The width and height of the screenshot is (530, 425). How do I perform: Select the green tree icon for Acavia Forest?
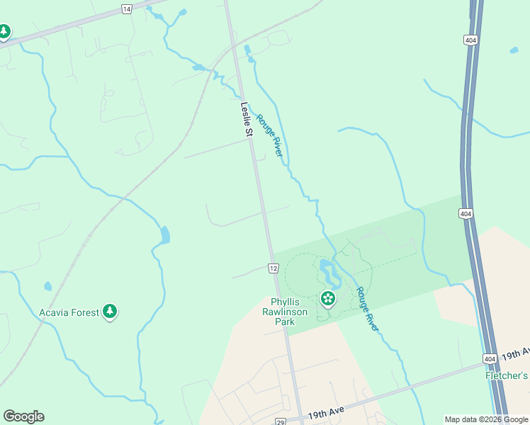point(109,310)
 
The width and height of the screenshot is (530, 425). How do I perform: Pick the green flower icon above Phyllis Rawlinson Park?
point(328,298)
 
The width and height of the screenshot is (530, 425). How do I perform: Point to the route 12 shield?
point(273,268)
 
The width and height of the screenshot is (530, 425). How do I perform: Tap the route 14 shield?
point(126,8)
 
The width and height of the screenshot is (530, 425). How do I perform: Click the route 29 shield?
point(280,421)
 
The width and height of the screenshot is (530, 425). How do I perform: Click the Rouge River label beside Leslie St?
point(269,135)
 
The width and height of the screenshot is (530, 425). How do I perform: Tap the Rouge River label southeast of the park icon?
point(367,309)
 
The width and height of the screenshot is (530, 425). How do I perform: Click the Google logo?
point(23,416)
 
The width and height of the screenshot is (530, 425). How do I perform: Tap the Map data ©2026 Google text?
point(486,419)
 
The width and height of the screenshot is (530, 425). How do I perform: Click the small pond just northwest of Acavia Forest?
point(47,286)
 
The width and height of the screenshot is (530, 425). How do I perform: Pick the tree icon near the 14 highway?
point(4,31)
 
